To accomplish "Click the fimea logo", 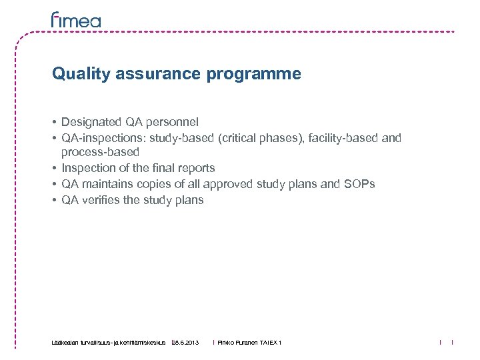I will pyautogui.click(x=76, y=20).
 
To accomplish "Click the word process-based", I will pyautogui.click(x=100, y=153).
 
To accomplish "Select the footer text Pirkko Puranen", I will pyautogui.click(x=238, y=343).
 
